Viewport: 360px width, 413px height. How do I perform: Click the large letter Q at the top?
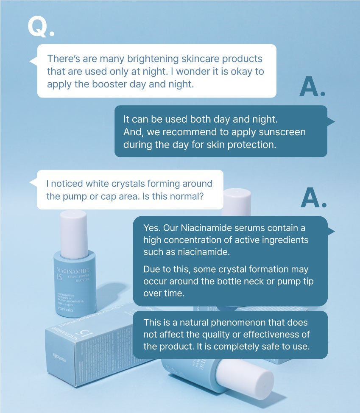[x=37, y=26]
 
